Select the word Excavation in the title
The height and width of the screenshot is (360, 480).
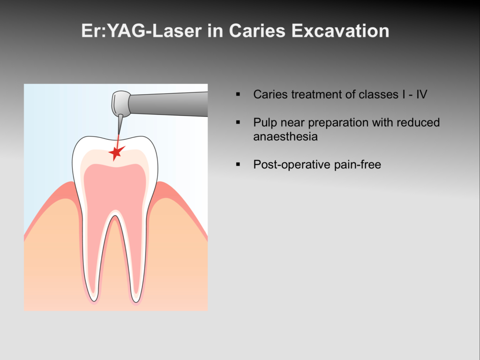coord(340,31)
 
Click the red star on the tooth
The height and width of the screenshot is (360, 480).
coord(116,152)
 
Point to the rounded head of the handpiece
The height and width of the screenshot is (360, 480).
coord(120,104)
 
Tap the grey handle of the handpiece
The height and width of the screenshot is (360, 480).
coord(168,104)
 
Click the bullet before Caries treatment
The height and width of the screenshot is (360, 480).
coord(238,94)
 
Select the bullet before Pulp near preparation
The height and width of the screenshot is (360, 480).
coord(238,122)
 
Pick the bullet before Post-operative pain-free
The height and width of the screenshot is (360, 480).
coord(238,165)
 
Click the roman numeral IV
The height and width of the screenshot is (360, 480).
coord(421,94)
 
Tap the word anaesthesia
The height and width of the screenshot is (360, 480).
coord(285,136)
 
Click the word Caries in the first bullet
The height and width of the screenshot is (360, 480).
coord(270,94)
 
